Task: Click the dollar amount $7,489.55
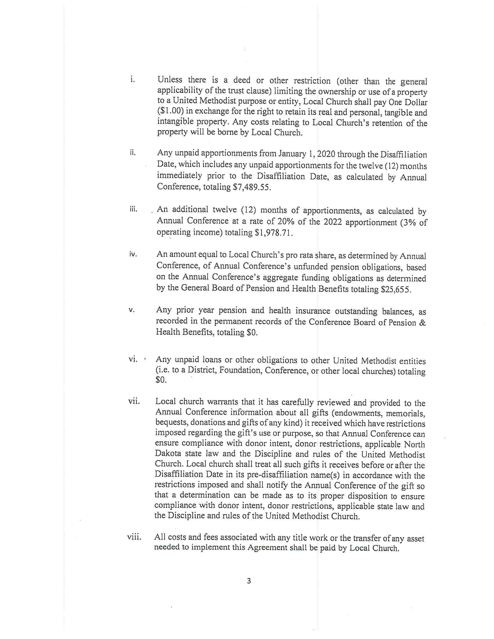251,187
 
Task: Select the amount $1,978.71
274,233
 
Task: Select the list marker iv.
133,254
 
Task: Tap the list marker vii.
134,401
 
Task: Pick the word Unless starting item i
170,80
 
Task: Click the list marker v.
131,310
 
